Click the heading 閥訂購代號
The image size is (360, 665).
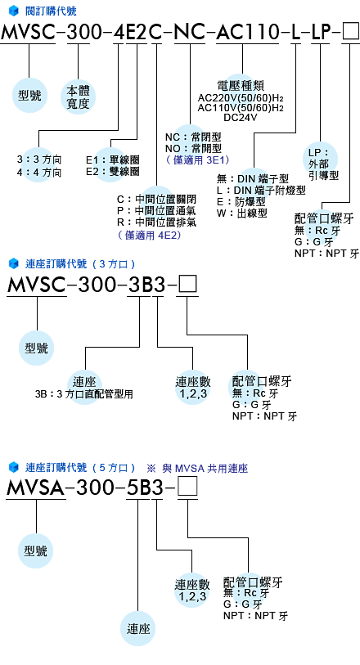tap(51, 11)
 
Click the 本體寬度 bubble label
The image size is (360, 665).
tap(78, 97)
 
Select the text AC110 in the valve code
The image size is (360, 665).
tap(247, 32)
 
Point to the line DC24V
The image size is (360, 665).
tap(241, 118)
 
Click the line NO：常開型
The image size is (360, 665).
tap(193, 148)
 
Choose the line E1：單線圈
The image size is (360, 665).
tap(112, 160)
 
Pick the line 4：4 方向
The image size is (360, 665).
tap(39, 173)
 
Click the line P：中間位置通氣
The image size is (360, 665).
tap(157, 210)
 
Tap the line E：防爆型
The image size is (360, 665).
tap(241, 201)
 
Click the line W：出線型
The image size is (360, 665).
tap(241, 213)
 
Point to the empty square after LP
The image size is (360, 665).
tap(351, 33)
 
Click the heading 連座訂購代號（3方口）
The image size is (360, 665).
tap(80, 264)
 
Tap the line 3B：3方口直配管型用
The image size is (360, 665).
tap(84, 394)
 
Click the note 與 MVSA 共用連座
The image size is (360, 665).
tap(205, 468)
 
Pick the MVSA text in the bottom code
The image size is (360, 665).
tap(36, 488)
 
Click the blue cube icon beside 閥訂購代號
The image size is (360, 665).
tap(14, 11)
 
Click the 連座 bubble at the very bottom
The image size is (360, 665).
tap(138, 628)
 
